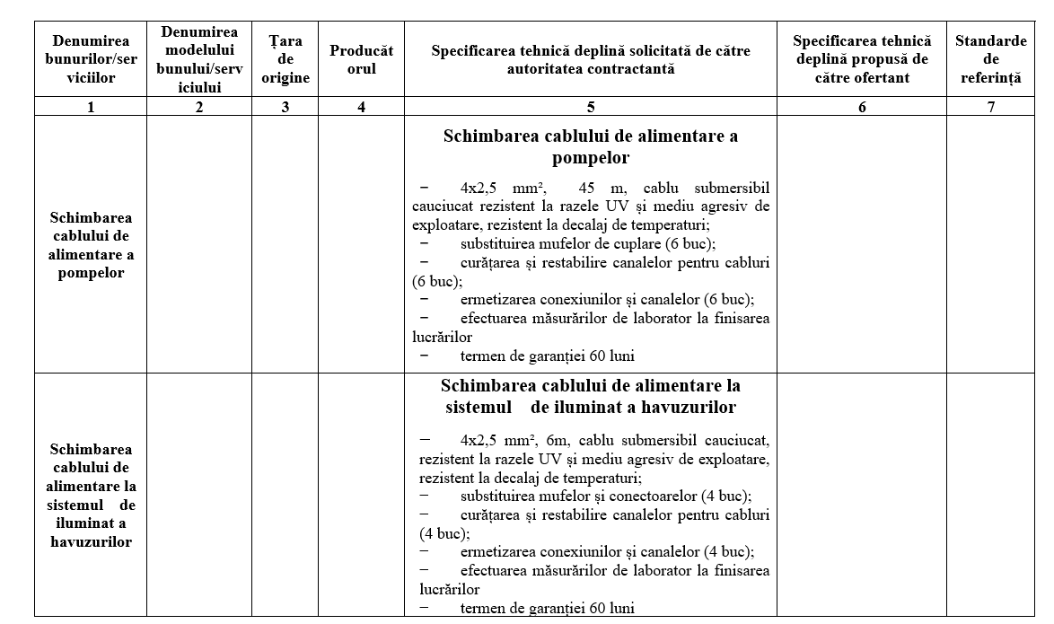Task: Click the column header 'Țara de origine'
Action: (x=285, y=59)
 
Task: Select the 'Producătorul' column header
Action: (x=361, y=59)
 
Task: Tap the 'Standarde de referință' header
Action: (x=990, y=59)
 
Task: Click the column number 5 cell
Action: (x=590, y=107)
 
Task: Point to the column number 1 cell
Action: (x=91, y=107)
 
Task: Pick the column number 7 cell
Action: (x=990, y=107)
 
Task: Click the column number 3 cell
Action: (x=285, y=107)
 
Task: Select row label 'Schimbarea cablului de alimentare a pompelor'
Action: (x=91, y=245)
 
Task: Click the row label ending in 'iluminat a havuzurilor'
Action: (x=91, y=495)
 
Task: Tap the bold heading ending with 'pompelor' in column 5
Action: (x=590, y=147)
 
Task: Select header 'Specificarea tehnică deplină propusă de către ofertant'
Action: (x=862, y=59)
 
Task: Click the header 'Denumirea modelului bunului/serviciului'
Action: (x=199, y=59)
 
